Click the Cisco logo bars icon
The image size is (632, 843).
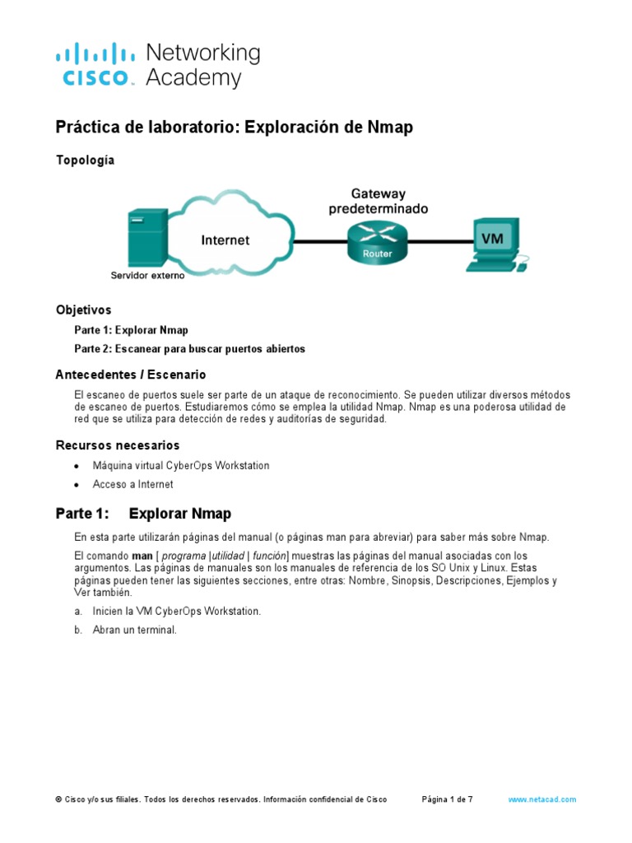pyautogui.click(x=95, y=54)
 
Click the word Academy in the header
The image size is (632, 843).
pyautogui.click(x=193, y=79)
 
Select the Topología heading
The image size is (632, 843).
pyautogui.click(x=85, y=161)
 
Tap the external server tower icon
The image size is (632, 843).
pyautogui.click(x=142, y=238)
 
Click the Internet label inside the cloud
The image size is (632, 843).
pyautogui.click(x=225, y=240)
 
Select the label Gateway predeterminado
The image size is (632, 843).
pyautogui.click(x=378, y=202)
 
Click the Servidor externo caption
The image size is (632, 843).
pyautogui.click(x=148, y=276)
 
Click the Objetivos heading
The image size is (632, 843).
pyautogui.click(x=83, y=310)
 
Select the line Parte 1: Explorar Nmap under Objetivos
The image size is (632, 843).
pyautogui.click(x=131, y=330)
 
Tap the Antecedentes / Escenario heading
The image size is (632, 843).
pyautogui.click(x=130, y=375)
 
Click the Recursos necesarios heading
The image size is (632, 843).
pyautogui.click(x=118, y=445)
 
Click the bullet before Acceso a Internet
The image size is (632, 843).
pyautogui.click(x=77, y=485)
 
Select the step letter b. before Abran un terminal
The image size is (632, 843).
pyautogui.click(x=78, y=630)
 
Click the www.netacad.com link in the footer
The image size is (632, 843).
pyautogui.click(x=541, y=799)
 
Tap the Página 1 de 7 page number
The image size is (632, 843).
pyautogui.click(x=447, y=799)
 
